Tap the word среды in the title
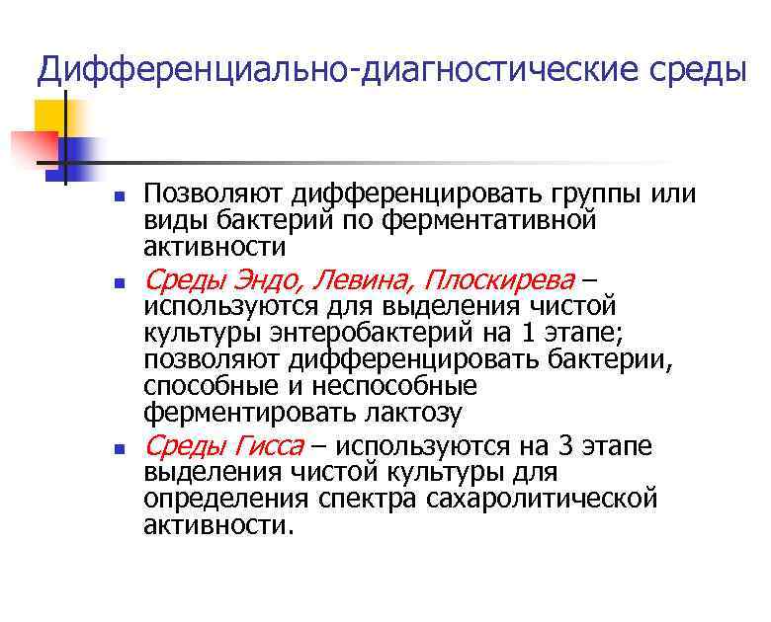coord(696,70)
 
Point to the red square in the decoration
coord(30,146)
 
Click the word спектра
coord(374,500)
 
